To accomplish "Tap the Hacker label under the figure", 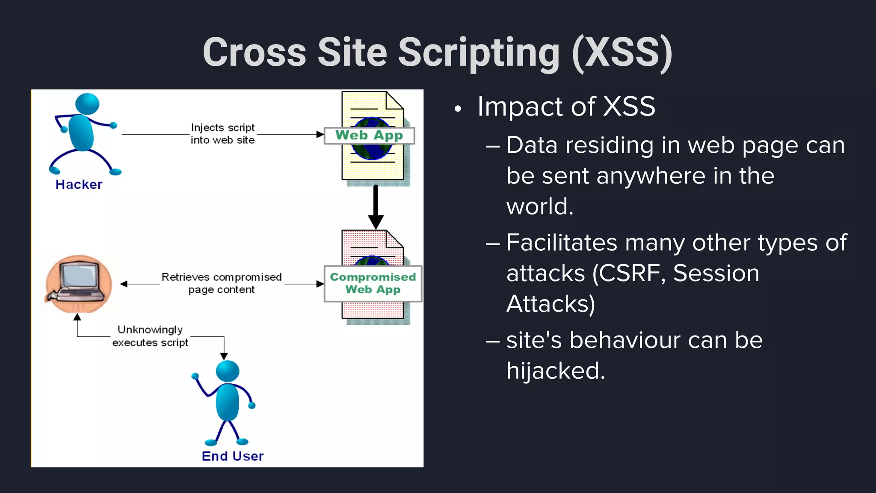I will (79, 184).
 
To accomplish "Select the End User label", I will (233, 456).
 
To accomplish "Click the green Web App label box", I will (369, 136).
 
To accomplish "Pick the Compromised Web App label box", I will (373, 283).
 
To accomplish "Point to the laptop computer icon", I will (79, 283).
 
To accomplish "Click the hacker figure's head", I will (87, 104).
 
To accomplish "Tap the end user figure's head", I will (228, 371).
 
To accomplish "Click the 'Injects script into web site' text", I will (222, 134).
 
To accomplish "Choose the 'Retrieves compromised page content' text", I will (222, 283).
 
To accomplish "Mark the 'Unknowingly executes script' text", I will (150, 336).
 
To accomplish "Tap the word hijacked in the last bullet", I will (555, 371).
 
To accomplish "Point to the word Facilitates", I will (562, 243).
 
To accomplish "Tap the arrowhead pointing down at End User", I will (224, 356).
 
